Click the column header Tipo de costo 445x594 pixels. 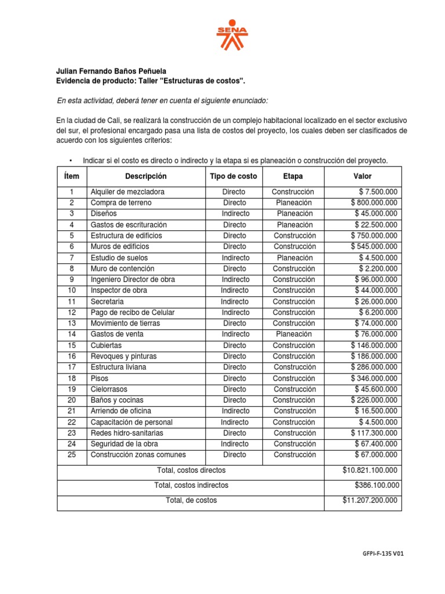pos(234,176)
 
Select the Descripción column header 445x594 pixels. pos(145,176)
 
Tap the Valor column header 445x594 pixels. pos(363,176)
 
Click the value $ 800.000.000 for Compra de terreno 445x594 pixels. pos(374,203)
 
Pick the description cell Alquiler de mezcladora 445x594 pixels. pos(127,192)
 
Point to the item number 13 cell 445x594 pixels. pos(72,323)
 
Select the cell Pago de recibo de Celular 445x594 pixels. pos(133,313)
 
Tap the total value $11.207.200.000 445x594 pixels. pos(370,500)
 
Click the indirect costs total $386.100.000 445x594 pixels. pos(376,486)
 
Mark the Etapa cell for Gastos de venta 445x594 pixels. pos(294,334)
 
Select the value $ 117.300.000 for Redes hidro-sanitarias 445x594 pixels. pos(374,433)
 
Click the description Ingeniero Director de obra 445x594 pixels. pos(133,280)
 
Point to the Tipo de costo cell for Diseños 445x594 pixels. pos(234,214)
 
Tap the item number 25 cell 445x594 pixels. pos(72,455)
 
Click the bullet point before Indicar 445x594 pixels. pos(70,161)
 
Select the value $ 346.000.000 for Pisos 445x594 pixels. pos(374,378)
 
